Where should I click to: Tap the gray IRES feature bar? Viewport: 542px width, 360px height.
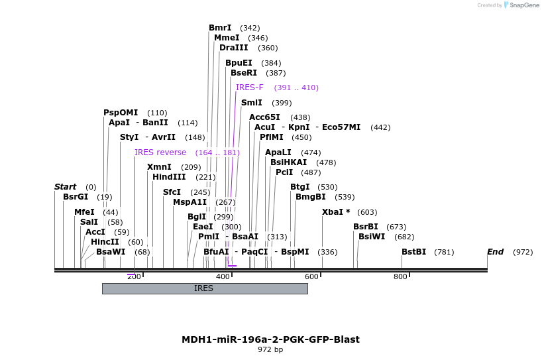click(x=204, y=288)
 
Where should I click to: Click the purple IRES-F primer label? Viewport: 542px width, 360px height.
click(x=249, y=88)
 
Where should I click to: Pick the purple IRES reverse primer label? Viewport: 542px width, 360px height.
click(x=160, y=152)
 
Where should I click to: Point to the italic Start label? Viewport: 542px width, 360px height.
click(x=65, y=187)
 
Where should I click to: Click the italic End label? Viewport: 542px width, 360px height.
click(x=495, y=252)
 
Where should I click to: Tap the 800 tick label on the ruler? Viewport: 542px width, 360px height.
click(x=400, y=276)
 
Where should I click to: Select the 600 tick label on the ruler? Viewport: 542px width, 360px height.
click(x=311, y=276)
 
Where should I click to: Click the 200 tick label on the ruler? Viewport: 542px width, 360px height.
click(x=133, y=276)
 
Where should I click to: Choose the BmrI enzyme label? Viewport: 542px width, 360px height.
click(x=220, y=28)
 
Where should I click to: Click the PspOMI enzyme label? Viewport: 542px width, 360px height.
click(x=121, y=113)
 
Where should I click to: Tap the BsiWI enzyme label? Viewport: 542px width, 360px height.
click(x=372, y=237)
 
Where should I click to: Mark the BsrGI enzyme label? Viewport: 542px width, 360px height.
click(x=76, y=197)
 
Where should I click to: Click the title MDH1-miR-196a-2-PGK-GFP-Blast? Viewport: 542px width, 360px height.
click(x=270, y=339)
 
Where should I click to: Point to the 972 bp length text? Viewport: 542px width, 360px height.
click(x=270, y=349)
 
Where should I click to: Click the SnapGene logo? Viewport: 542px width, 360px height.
click(x=521, y=5)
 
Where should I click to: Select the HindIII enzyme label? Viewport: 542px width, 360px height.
click(x=170, y=177)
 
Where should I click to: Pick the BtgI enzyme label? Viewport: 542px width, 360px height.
click(x=300, y=187)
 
